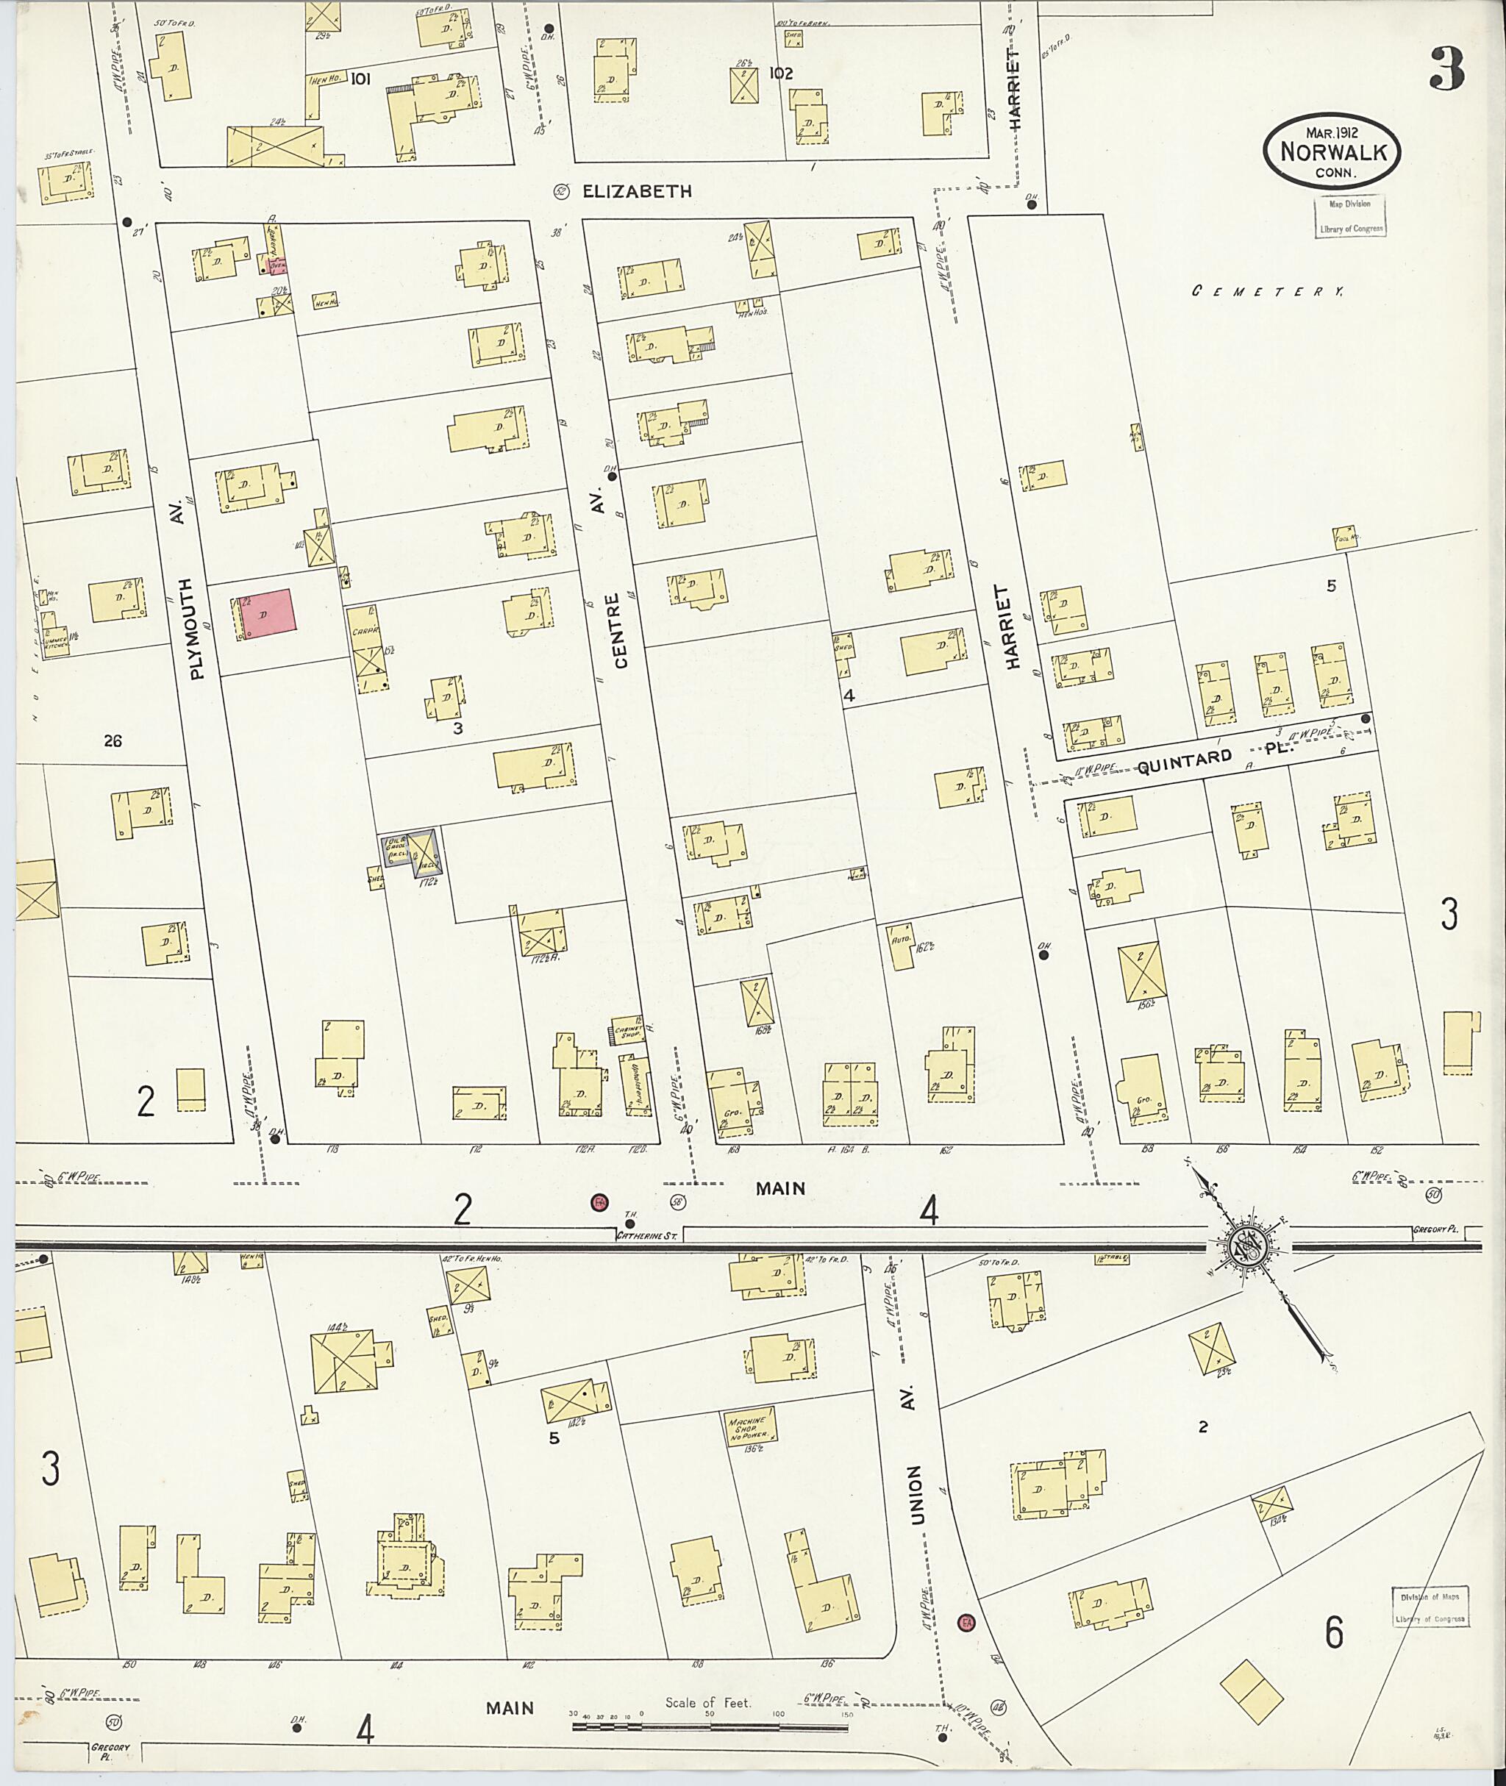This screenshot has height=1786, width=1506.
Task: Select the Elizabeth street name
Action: click(x=636, y=192)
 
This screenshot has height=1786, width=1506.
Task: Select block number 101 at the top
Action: click(x=360, y=79)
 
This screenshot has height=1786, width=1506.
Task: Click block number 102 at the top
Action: click(x=780, y=74)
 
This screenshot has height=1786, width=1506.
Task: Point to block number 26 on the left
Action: click(x=112, y=741)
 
